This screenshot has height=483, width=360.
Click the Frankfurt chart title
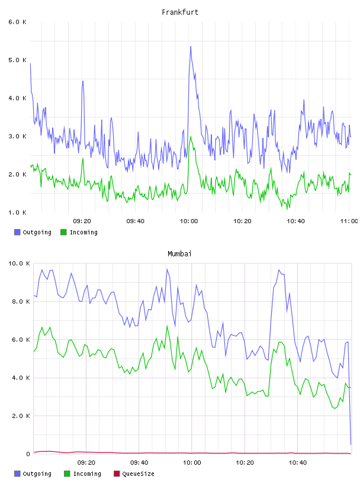[x=180, y=12]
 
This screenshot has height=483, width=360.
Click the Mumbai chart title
[x=179, y=253]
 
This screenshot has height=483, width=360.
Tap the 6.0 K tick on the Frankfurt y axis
[x=17, y=22]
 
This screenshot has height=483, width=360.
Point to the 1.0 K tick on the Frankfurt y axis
[x=17, y=212]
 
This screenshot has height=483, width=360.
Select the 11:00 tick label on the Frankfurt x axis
[x=349, y=221]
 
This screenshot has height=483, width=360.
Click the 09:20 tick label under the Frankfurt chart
[x=82, y=221]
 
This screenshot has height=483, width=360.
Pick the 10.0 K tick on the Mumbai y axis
[x=19, y=263]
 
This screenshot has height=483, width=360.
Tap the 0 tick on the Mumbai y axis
[x=28, y=454]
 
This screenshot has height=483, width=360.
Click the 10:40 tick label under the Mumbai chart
[x=298, y=462]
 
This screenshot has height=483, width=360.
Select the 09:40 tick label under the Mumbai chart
[x=139, y=462]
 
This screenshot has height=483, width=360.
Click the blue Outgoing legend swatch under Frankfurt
[x=17, y=232]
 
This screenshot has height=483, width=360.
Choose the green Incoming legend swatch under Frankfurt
[x=63, y=232]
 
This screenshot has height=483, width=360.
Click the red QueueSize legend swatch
[x=117, y=474]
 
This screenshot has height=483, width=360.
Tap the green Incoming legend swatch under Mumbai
[x=67, y=474]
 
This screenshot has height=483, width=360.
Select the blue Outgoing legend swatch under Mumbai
[x=17, y=474]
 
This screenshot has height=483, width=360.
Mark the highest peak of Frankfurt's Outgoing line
[x=191, y=47]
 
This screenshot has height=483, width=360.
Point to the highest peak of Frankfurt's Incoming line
[x=191, y=136]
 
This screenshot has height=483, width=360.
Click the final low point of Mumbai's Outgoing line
[x=351, y=444]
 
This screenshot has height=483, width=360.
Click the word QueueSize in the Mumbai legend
[x=138, y=474]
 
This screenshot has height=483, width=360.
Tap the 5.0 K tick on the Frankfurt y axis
[x=17, y=60]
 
